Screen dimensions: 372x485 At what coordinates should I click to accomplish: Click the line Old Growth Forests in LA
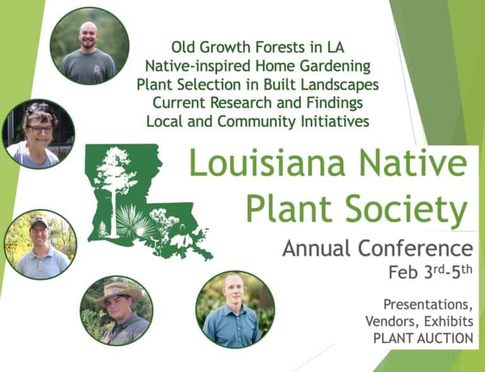coord(257,47)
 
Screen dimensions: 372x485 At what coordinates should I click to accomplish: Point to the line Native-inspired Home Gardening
coord(257,65)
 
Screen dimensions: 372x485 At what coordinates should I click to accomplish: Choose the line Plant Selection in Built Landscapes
coord(257,84)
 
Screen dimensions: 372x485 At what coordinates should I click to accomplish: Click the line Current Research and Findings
coord(257,102)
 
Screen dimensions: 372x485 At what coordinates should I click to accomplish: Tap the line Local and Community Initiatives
coord(257,121)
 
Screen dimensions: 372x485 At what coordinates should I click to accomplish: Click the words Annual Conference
coord(377,248)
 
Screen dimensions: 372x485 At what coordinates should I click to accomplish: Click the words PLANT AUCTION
coord(423,338)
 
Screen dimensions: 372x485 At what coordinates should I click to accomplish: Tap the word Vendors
coord(388,321)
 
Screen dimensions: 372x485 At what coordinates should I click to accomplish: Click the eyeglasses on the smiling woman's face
coord(39,129)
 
